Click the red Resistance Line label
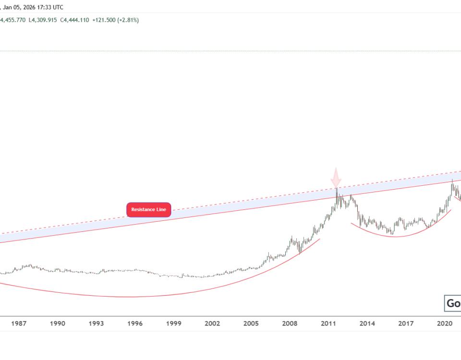pos(148,210)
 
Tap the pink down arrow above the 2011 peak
pos(336,177)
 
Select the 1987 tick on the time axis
pos(19,324)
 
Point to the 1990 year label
pos(58,324)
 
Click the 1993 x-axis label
pos(97,324)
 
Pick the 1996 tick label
pos(135,324)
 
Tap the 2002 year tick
pos(213,324)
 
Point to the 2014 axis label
pos(368,324)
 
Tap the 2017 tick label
pos(406,324)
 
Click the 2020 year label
pos(445,324)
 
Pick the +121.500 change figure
pos(104,20)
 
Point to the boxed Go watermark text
pos(453,303)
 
